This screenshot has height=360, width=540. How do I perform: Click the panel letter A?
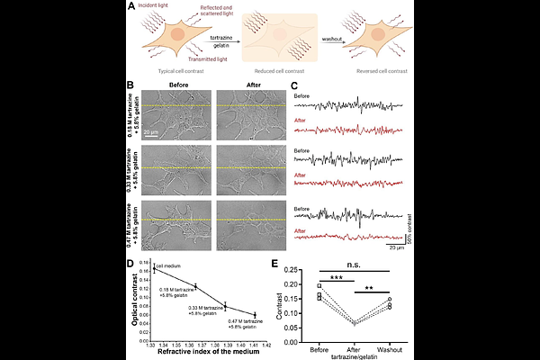tap(132, 8)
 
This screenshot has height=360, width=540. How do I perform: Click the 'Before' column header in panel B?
tap(176, 86)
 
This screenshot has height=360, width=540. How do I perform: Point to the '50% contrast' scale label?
tap(409, 232)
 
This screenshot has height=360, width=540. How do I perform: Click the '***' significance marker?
tap(335, 277)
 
